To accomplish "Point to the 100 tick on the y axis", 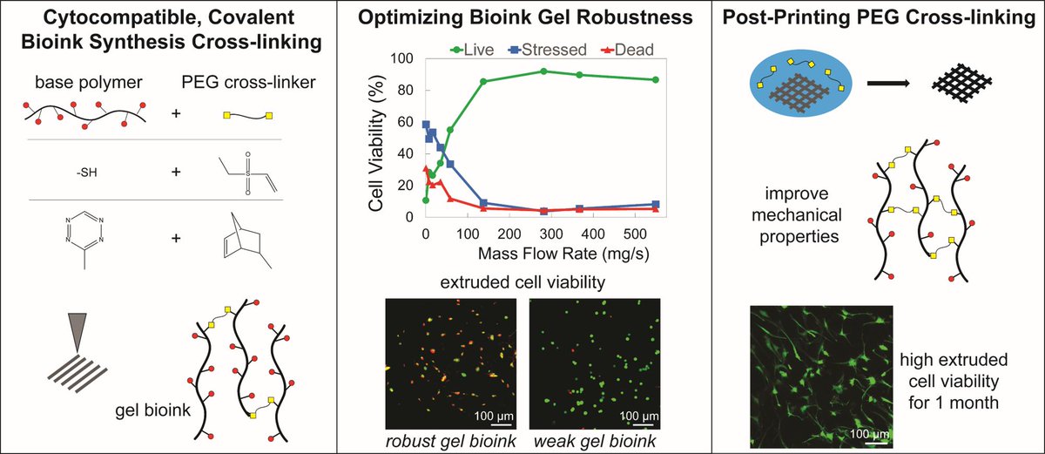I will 402,58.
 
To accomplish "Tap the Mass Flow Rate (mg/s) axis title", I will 539,254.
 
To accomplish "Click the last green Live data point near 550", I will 655,79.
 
